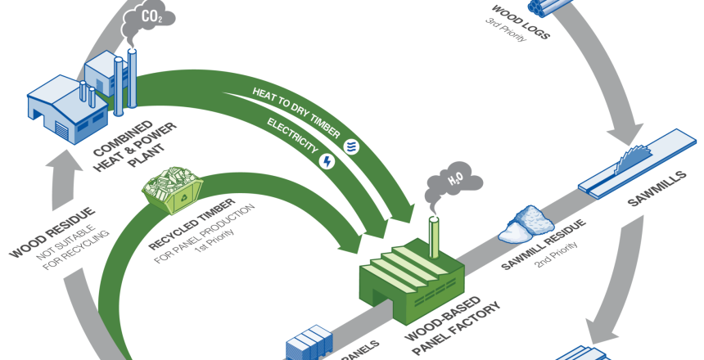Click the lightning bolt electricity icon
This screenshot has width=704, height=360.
tap(327, 160)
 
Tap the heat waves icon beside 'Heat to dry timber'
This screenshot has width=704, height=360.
tap(352, 146)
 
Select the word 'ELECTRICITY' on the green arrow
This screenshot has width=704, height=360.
tap(291, 136)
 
